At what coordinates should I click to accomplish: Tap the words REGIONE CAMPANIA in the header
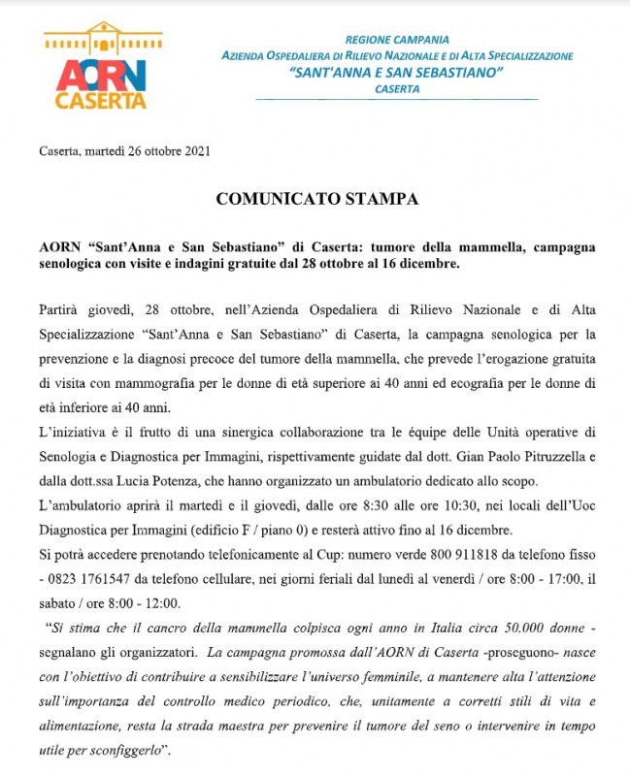(x=396, y=40)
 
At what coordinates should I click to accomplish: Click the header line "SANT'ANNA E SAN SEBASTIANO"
(x=396, y=73)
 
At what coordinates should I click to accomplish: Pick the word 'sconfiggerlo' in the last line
(x=120, y=749)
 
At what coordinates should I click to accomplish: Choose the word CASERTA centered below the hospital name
(x=396, y=89)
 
